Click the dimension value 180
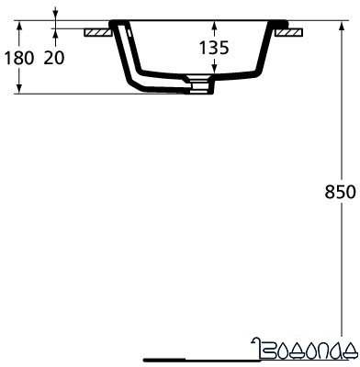tap(19, 58)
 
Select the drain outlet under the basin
tap(198, 86)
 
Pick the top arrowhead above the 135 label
tap(212, 25)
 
